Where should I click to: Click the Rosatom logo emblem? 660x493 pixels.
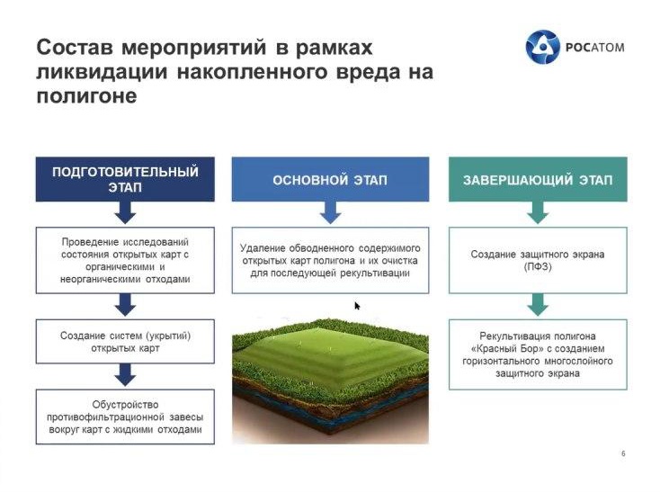click(542, 47)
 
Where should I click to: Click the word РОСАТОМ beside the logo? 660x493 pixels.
click(594, 47)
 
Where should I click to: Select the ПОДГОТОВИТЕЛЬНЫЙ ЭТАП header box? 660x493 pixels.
click(125, 179)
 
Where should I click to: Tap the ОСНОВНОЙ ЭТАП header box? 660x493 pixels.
click(330, 179)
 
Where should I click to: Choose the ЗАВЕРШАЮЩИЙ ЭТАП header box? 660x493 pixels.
click(538, 179)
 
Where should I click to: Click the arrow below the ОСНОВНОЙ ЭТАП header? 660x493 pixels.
click(330, 212)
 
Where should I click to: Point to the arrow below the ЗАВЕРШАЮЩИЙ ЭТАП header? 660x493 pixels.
click(538, 212)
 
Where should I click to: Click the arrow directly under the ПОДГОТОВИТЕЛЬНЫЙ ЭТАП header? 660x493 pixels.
click(125, 212)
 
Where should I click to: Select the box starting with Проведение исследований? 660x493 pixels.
click(125, 260)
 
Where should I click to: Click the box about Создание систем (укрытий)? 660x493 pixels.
click(125, 342)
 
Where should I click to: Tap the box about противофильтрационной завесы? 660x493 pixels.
click(125, 417)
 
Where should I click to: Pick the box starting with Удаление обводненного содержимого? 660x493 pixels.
click(330, 260)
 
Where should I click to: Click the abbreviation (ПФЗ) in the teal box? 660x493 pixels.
click(538, 267)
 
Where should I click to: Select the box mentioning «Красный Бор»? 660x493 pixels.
click(538, 354)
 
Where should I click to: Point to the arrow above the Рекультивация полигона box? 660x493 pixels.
click(538, 305)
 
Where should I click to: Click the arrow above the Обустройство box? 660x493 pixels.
click(125, 374)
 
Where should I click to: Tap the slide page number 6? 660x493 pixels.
click(623, 453)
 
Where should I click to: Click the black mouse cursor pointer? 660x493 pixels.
click(357, 306)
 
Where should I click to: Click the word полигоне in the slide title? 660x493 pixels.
click(86, 96)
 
